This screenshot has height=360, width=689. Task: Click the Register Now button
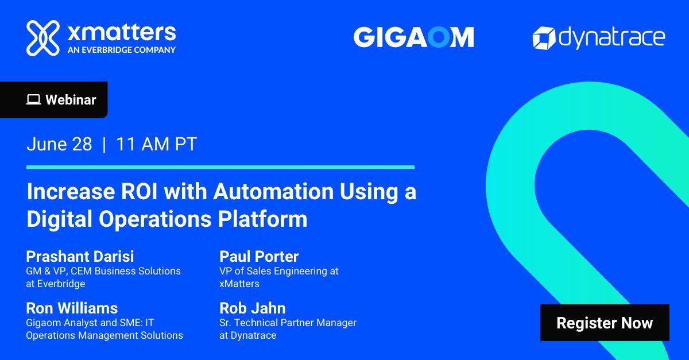pos(605,323)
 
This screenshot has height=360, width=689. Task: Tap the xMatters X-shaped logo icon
pos(43,38)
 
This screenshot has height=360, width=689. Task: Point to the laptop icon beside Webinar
pos(33,100)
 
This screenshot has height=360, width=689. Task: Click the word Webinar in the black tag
pos(71,100)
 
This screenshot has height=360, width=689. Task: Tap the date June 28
pos(59,144)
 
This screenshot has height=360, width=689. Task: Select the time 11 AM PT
pos(156,144)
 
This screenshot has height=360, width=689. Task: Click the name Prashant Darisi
pos(80,256)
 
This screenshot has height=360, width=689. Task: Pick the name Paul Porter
pos(259,256)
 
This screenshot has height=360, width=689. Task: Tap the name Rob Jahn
pos(252,308)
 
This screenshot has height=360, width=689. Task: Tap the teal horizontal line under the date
pos(220,167)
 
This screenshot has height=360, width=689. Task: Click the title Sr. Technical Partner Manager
pos(288,323)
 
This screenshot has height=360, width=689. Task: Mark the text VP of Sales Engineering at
pos(279,271)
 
